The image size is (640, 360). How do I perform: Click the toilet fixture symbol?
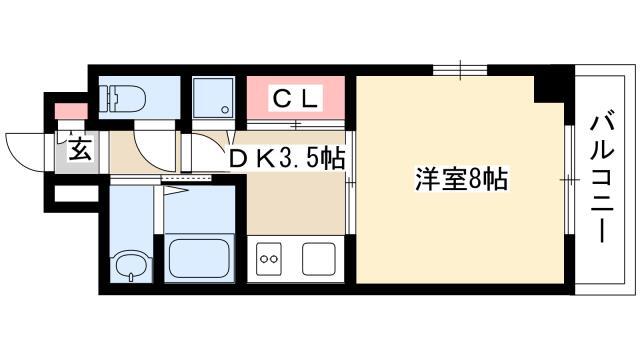tap(123, 98)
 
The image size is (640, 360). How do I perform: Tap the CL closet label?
tap(295, 98)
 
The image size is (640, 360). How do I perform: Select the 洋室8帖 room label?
tap(462, 179)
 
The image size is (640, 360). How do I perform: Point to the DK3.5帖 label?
tap(286, 159)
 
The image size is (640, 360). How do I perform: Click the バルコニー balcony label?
tap(602, 177)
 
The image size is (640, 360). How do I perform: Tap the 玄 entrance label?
tap(79, 150)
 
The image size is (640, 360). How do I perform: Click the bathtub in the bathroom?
tap(199, 258)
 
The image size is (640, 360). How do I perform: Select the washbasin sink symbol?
tap(131, 265)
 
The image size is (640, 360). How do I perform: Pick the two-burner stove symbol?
tap(269, 259)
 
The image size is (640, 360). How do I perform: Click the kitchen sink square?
tap(318, 259)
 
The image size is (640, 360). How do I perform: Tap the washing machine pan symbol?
tap(213, 98)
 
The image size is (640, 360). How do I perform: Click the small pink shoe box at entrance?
tap(71, 111)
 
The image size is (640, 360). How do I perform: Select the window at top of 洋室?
tap(460, 70)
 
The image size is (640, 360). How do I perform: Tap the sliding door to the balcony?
tap(570, 180)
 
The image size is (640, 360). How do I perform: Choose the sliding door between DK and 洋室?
tap(350, 182)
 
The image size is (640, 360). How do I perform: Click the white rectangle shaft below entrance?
tap(76, 193)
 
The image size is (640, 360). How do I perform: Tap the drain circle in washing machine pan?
tap(224, 109)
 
